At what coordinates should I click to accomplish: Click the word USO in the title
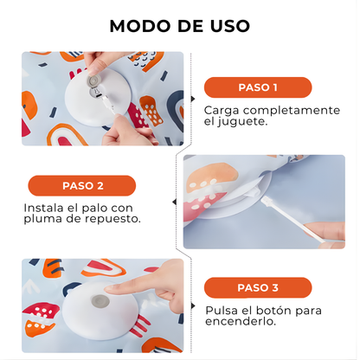(228, 25)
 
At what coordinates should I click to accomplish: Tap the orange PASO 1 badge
(257, 87)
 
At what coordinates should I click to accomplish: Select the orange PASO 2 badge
(82, 185)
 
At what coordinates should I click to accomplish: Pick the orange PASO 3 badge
(257, 286)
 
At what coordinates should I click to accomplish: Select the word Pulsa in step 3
(221, 309)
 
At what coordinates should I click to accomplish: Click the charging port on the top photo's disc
(93, 84)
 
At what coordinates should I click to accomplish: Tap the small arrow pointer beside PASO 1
(192, 95)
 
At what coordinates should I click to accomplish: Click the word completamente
(292, 110)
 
